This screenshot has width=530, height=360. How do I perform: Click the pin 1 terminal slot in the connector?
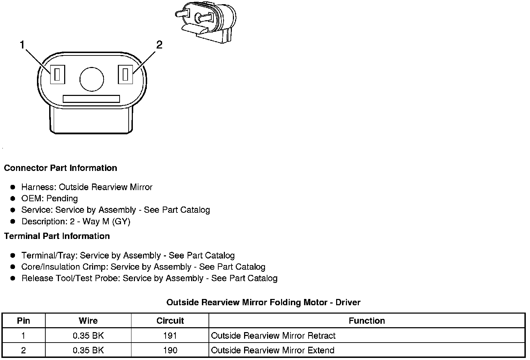(x=58, y=74)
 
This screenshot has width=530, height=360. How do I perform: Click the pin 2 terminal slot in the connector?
(x=126, y=74)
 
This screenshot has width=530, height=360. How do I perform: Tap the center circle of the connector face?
(x=92, y=79)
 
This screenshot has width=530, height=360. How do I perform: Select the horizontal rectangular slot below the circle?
(x=91, y=99)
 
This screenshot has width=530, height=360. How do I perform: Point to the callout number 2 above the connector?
(x=159, y=45)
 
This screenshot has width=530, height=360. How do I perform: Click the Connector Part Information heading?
(x=60, y=168)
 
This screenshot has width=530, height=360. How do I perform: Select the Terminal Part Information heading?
(x=57, y=236)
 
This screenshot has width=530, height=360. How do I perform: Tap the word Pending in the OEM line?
(x=62, y=198)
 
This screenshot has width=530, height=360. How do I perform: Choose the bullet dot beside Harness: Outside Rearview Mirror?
(x=13, y=187)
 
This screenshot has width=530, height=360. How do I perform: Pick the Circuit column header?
(x=170, y=321)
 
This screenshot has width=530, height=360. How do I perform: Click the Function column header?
(x=367, y=321)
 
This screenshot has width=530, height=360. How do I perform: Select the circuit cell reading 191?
(x=170, y=336)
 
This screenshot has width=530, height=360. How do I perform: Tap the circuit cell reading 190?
(x=170, y=350)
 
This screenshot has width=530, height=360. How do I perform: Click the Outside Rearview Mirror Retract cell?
(x=273, y=336)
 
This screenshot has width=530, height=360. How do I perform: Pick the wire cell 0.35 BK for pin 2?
(x=88, y=350)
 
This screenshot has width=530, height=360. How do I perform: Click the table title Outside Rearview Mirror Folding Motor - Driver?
(x=263, y=302)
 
